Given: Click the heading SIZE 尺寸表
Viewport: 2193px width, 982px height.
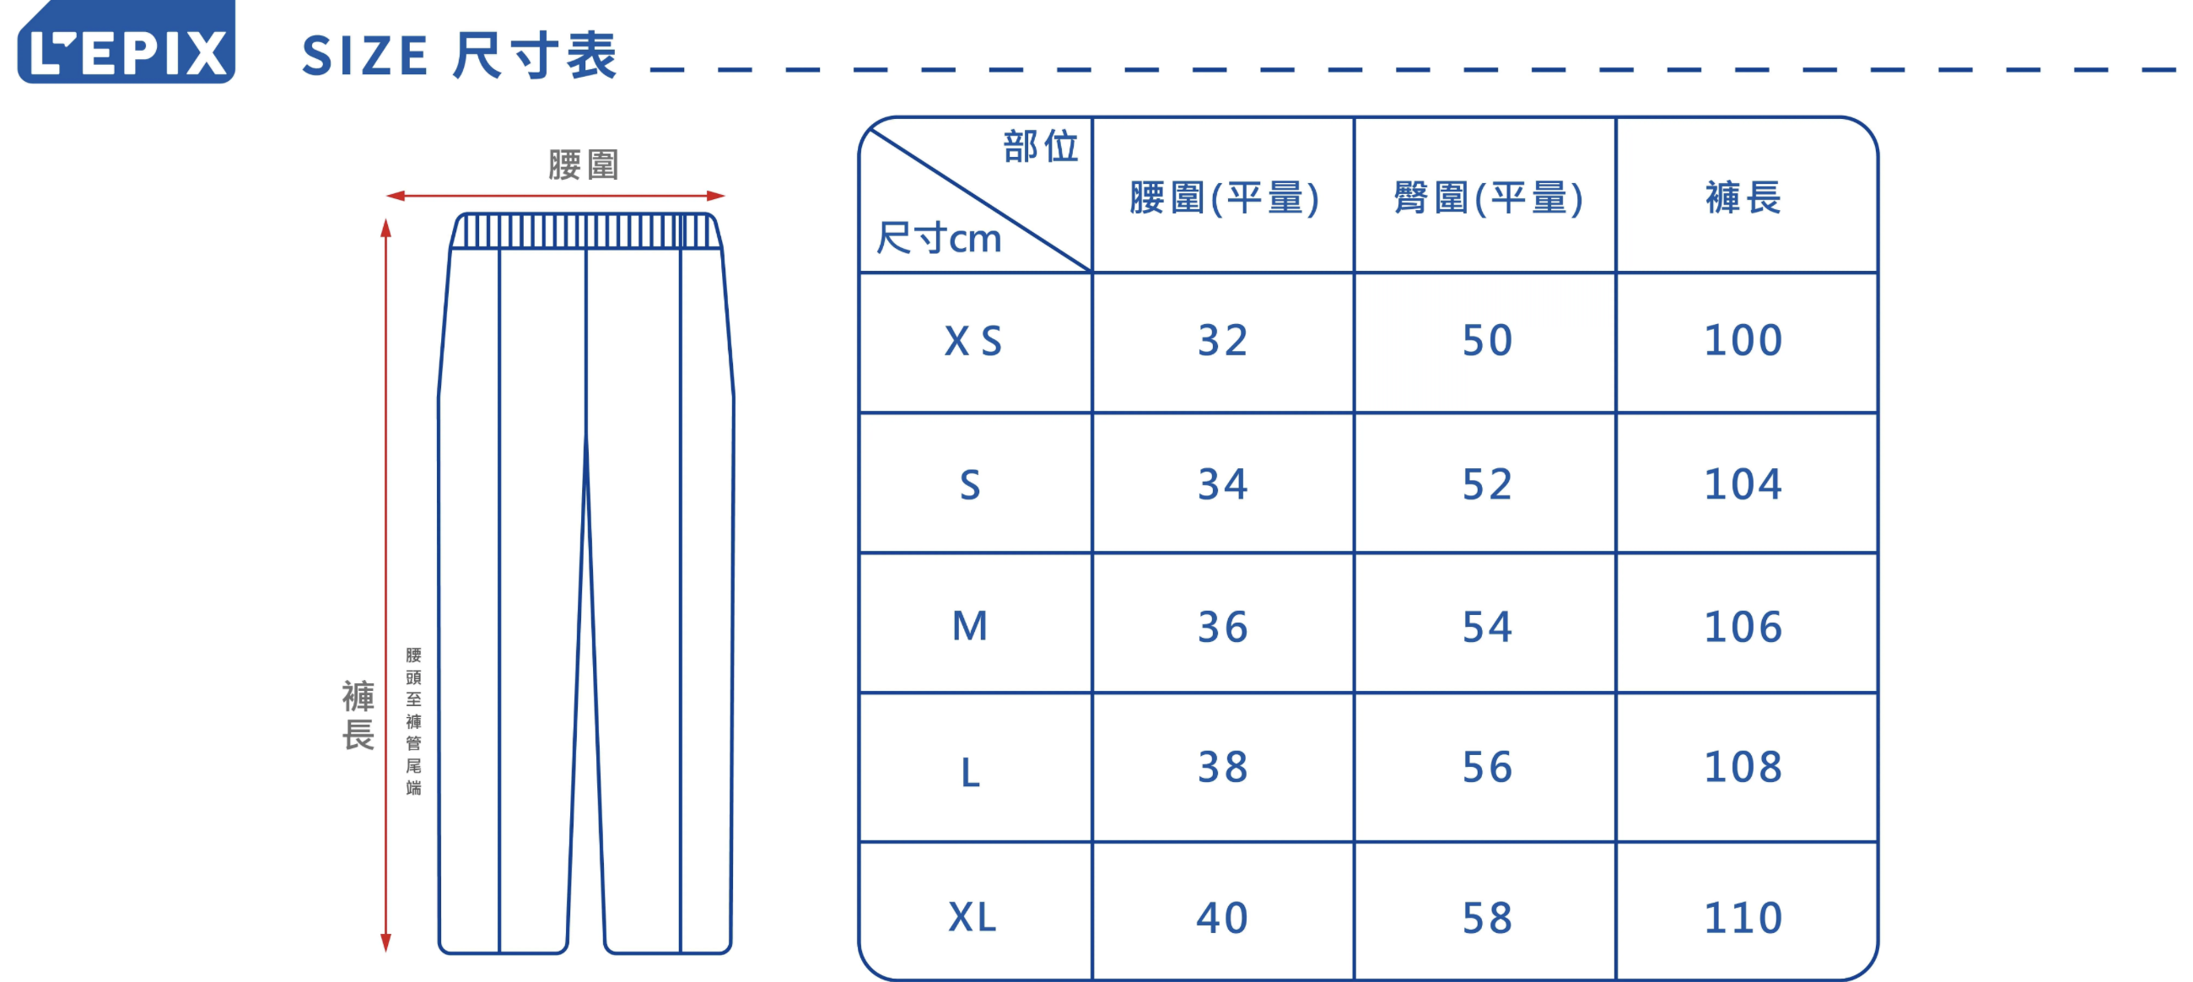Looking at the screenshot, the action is tap(459, 57).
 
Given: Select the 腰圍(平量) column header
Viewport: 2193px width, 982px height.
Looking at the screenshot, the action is tap(1223, 197).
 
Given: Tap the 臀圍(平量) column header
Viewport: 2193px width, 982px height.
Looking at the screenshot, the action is tap(1487, 197).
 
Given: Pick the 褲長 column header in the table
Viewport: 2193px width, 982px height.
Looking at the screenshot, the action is tap(1743, 197).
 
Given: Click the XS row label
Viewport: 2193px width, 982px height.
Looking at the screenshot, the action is tap(973, 342).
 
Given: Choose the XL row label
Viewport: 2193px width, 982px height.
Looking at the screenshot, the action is tap(973, 917).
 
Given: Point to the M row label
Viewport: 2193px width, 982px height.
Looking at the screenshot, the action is tap(970, 626).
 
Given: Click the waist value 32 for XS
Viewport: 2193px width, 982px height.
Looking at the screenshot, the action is tap(1222, 341).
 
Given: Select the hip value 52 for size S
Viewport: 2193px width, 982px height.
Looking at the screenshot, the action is tap(1487, 484).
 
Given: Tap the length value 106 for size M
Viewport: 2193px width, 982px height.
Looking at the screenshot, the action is tap(1743, 627).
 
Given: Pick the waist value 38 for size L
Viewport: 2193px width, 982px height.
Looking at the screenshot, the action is tap(1222, 767).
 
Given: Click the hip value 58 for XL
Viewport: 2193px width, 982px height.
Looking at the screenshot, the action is tap(1487, 917).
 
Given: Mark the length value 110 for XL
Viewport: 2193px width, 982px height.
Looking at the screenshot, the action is tap(1743, 917).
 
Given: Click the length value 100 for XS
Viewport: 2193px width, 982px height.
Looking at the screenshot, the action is tap(1743, 341).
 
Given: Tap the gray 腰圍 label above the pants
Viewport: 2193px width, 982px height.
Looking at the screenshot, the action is tap(583, 165).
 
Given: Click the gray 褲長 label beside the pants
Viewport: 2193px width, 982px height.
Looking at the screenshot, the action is tap(358, 715).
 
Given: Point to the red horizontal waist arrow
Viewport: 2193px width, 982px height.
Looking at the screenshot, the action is tap(555, 196).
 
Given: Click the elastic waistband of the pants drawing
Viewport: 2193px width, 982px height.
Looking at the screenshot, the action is tap(585, 231).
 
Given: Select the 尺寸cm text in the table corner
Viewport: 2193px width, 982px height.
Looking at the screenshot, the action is tap(939, 239).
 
